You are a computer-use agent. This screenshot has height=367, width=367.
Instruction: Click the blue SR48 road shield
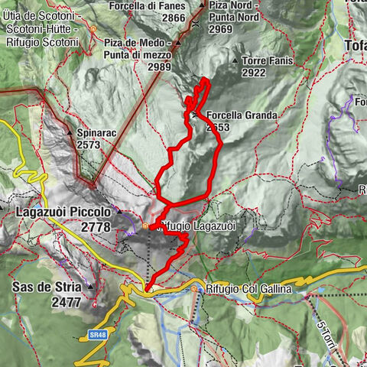pos(96,335)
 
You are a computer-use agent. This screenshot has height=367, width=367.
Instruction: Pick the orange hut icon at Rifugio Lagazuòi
pos(145,226)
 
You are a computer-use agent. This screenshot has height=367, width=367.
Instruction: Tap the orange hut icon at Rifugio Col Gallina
pos(195,290)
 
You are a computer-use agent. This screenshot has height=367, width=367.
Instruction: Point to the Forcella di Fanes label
pos(158,5)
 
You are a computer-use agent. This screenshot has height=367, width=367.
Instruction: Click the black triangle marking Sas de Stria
pos(91,287)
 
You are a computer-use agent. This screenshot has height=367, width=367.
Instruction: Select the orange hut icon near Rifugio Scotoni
pos(93,29)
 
